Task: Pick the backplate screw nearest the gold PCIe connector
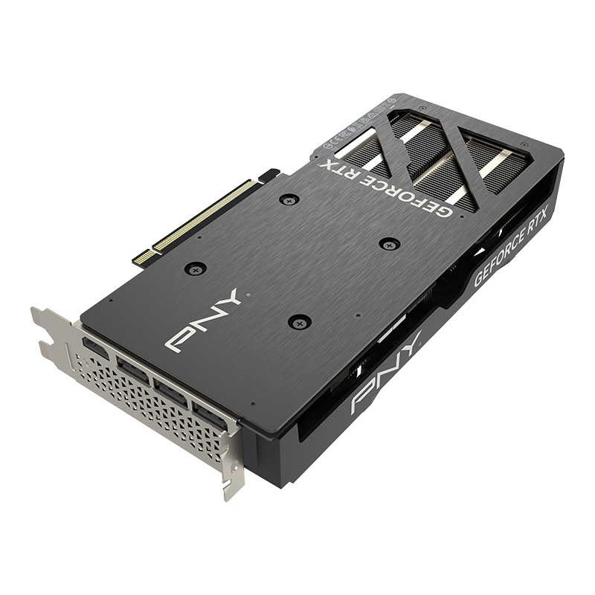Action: pyautogui.click(x=289, y=199)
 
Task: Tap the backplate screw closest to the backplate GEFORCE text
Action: pyautogui.click(x=389, y=243)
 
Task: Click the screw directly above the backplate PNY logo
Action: pyautogui.click(x=195, y=269)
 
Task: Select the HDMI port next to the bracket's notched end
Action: pyautogui.click(x=94, y=347)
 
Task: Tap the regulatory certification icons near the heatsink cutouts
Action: pyautogui.click(x=350, y=134)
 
